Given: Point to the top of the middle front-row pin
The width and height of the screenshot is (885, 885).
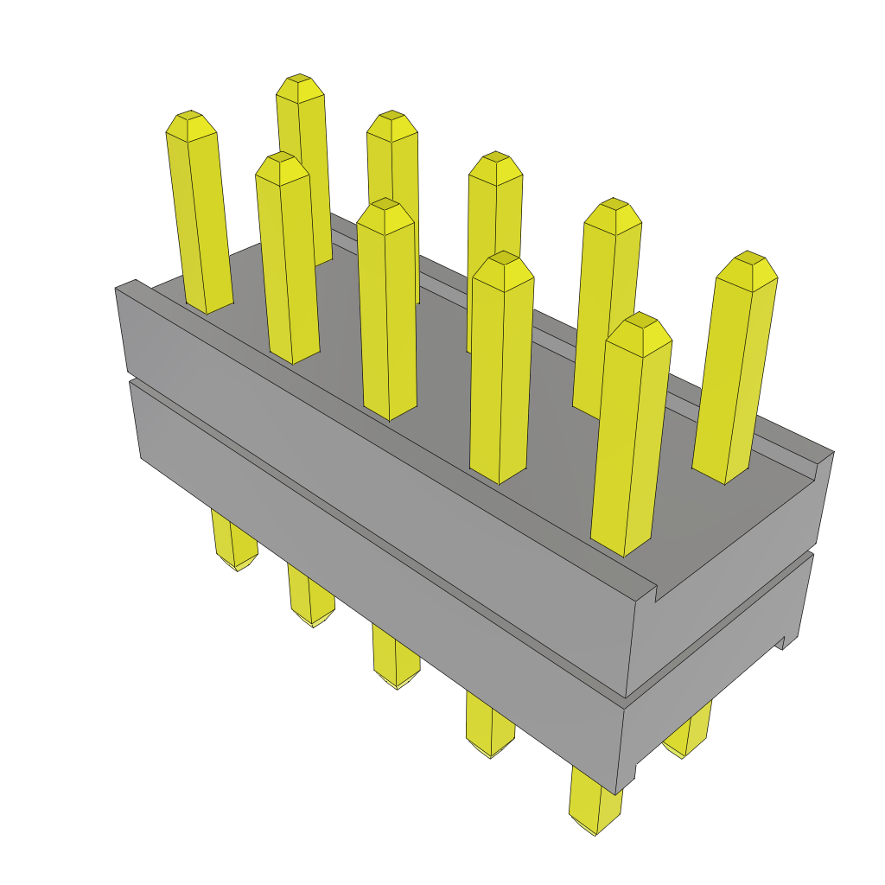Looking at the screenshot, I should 385,212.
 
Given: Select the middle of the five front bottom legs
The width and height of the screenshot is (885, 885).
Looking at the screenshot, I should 396,657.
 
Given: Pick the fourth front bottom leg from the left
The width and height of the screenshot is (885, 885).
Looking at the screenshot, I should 490,726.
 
